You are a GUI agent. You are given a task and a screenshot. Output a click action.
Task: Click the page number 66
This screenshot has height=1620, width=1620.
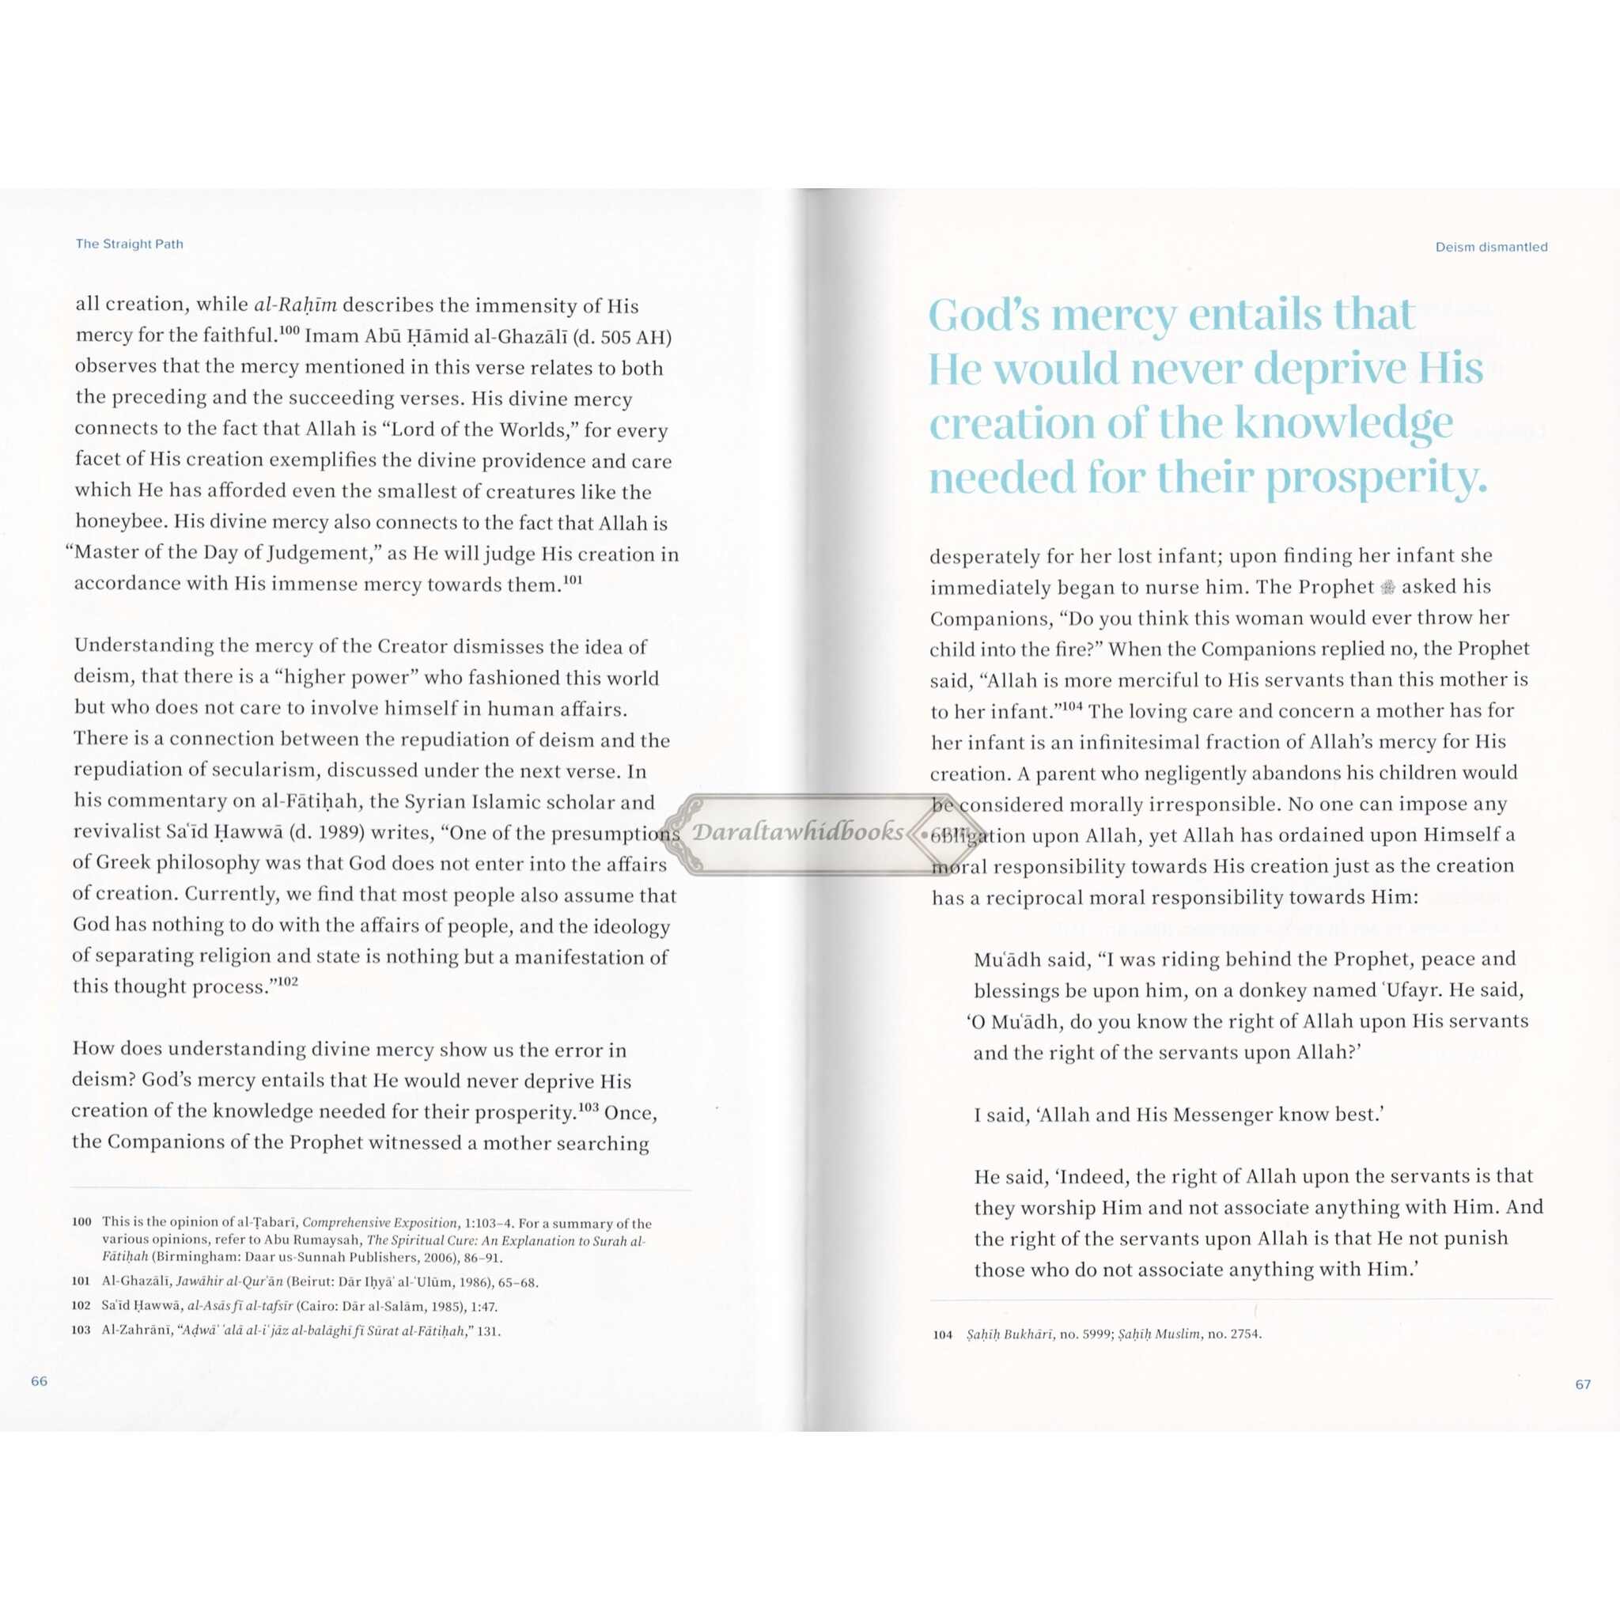[x=40, y=1381]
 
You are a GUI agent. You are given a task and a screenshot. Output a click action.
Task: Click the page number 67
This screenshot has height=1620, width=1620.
[x=1582, y=1384]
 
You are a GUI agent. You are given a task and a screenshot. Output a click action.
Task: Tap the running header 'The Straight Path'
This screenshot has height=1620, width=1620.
[x=129, y=244]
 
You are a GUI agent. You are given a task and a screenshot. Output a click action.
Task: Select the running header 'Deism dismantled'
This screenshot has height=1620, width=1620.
[x=1491, y=248]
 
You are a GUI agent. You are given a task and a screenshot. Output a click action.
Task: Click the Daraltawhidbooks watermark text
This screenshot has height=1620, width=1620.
[x=797, y=832]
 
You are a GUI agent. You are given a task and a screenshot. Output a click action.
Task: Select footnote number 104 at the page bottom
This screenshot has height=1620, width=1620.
[x=942, y=1334]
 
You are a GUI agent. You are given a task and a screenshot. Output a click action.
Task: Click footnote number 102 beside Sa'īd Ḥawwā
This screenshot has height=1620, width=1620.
[x=81, y=1305]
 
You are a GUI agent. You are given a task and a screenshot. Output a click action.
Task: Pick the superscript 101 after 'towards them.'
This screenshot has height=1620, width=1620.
[x=573, y=579]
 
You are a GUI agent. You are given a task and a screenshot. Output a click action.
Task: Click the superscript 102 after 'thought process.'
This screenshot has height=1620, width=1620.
[x=288, y=981]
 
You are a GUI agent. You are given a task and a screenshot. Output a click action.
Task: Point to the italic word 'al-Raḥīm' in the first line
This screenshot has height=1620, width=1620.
[x=295, y=305]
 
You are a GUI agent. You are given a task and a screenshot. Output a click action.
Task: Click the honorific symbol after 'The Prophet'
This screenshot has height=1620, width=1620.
[x=1387, y=588]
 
